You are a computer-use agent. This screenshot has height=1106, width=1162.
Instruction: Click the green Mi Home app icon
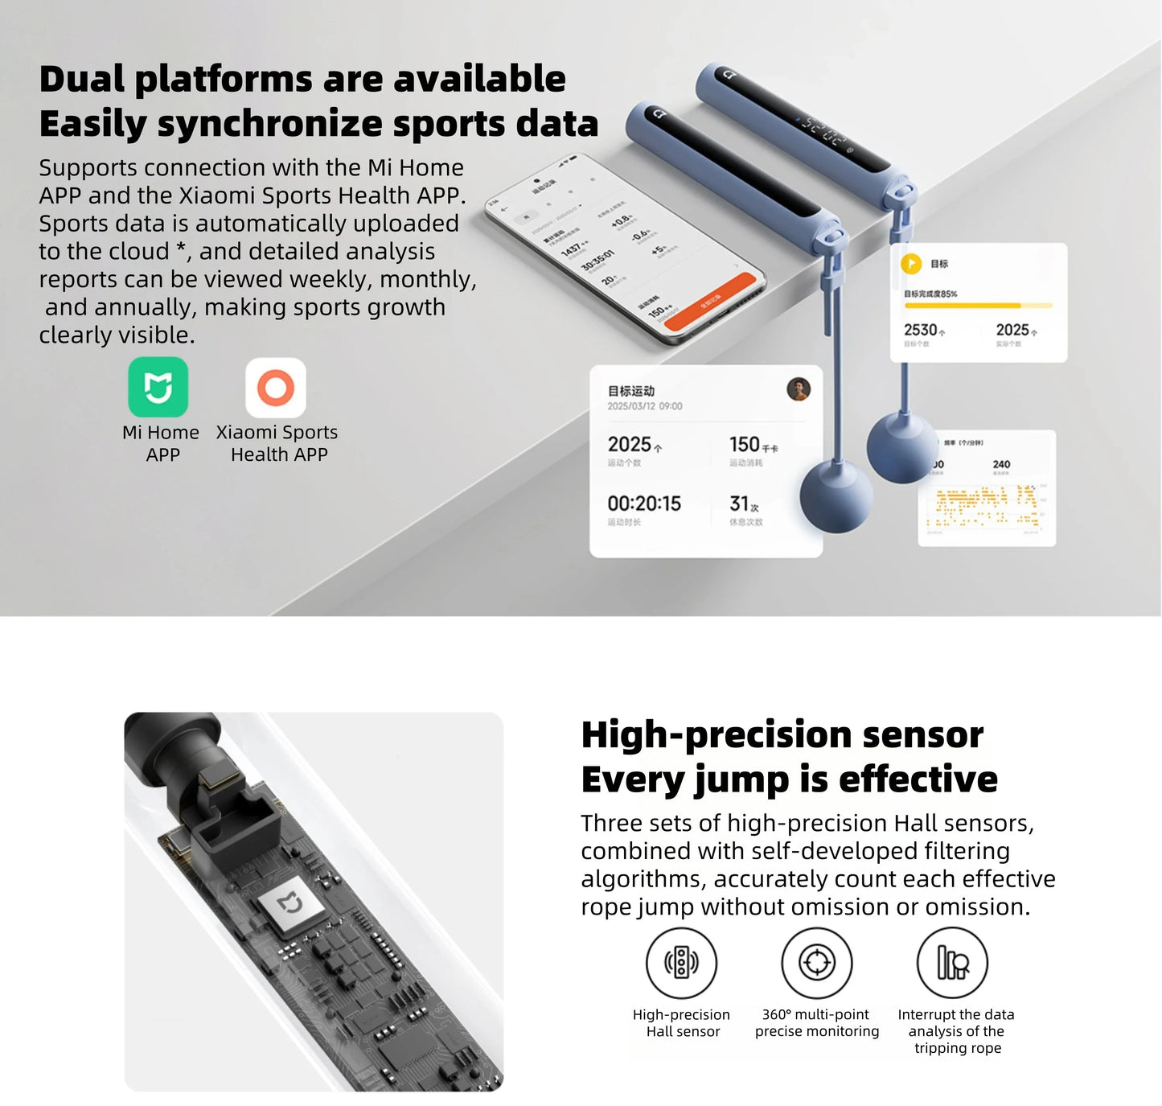coord(158,388)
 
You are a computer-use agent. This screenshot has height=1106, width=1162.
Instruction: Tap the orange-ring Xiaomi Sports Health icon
coord(276,388)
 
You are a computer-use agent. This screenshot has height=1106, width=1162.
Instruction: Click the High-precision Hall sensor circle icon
coord(681,962)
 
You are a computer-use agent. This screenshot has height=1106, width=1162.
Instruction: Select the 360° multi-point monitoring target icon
coord(816,962)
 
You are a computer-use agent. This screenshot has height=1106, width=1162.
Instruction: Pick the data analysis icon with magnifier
coord(952,962)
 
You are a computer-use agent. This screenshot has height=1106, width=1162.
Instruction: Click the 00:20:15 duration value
coord(644,504)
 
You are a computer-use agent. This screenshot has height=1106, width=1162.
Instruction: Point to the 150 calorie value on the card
coord(745,444)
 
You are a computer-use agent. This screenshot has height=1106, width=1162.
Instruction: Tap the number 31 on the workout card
coord(739,504)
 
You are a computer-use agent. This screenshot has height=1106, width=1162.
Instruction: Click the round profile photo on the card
coord(798,389)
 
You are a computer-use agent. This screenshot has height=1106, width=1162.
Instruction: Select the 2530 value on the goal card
coord(921,330)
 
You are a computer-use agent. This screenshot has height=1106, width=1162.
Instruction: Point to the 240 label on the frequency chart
coord(1001,464)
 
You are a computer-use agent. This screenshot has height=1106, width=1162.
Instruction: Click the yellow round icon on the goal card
coord(911,263)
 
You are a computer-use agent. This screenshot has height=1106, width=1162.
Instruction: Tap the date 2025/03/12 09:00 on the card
coord(644,406)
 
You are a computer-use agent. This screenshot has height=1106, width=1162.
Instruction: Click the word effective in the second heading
coord(918,779)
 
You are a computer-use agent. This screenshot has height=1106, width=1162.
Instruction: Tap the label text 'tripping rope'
coord(957,1048)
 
